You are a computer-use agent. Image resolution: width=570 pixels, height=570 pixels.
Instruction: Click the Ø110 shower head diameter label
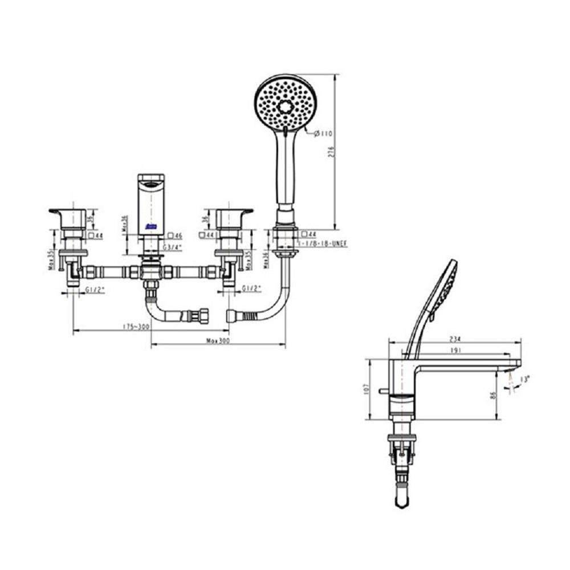pyautogui.click(x=324, y=133)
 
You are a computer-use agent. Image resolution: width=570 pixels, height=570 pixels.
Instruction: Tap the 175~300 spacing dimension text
pyautogui.click(x=136, y=327)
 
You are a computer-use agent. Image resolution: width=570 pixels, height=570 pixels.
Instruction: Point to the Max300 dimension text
pyautogui.click(x=218, y=340)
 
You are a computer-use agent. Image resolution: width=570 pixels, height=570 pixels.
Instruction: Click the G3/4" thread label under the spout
pyautogui.click(x=172, y=247)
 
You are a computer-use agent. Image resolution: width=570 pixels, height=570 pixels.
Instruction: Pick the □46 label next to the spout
pyautogui.click(x=175, y=235)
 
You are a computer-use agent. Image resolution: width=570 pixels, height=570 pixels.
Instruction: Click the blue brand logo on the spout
pyautogui.click(x=152, y=227)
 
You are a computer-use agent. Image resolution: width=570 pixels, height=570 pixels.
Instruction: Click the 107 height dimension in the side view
pyautogui.click(x=366, y=389)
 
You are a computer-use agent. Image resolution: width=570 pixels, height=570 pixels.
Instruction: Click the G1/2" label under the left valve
pyautogui.click(x=95, y=289)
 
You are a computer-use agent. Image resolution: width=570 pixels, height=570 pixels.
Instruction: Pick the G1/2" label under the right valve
pyautogui.click(x=250, y=288)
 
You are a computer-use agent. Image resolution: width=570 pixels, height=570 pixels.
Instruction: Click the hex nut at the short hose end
pyautogui.click(x=202, y=313)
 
